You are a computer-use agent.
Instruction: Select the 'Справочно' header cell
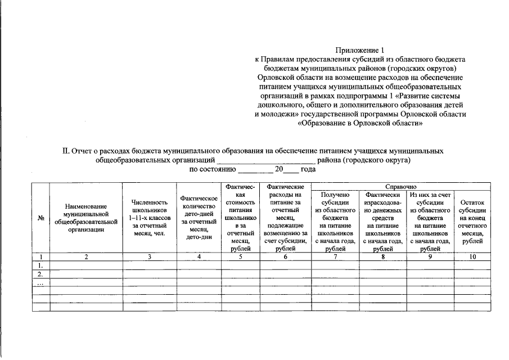point(400,186)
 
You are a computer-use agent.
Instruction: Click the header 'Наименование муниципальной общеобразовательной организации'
point(86,218)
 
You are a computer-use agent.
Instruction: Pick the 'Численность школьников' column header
point(150,218)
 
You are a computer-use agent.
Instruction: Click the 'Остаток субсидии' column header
point(472,222)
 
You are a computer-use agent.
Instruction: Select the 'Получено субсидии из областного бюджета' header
point(335,222)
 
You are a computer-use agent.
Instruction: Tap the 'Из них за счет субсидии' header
point(430,222)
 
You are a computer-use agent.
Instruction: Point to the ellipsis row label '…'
point(40,283)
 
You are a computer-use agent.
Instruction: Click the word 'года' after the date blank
point(308,169)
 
